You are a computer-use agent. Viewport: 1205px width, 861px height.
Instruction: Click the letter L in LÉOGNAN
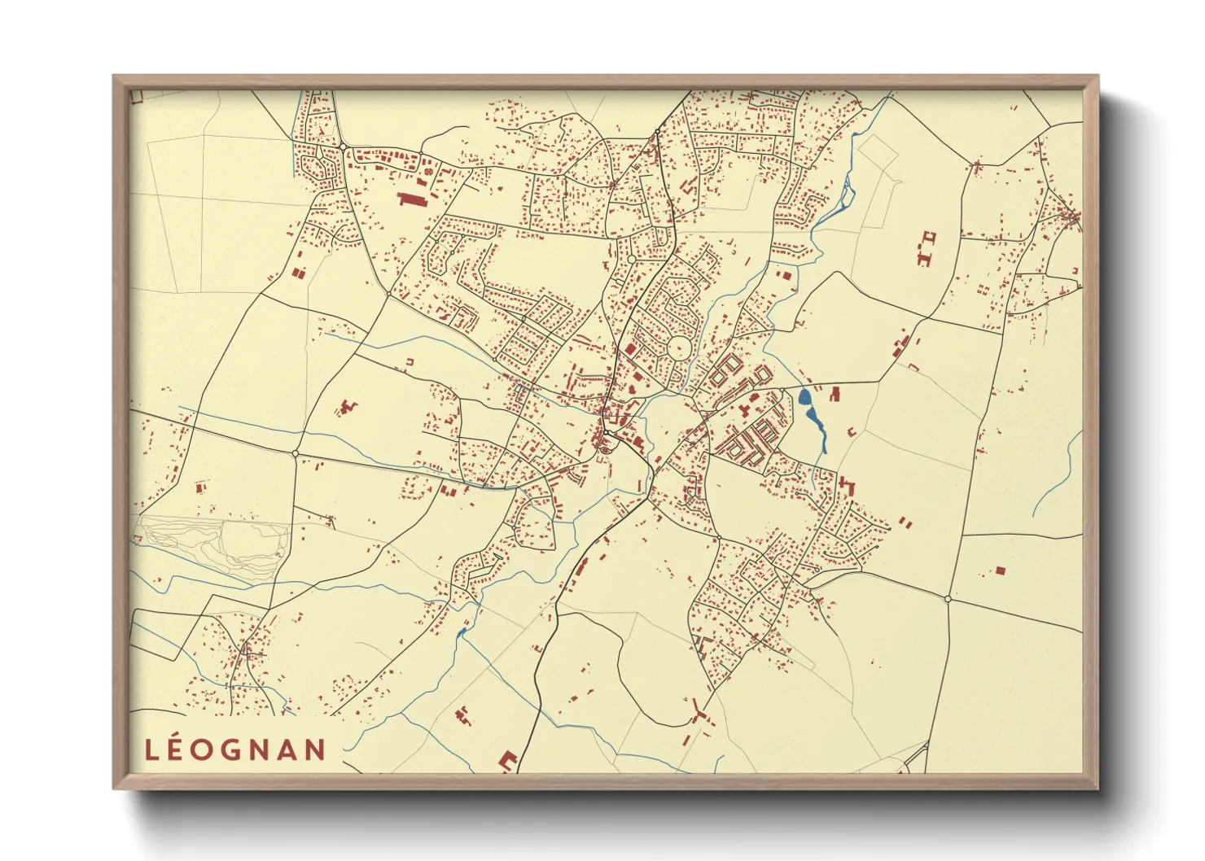click(x=152, y=750)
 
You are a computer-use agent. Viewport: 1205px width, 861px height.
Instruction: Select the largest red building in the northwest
click(x=413, y=199)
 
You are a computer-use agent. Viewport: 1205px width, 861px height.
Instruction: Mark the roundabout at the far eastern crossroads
click(x=948, y=599)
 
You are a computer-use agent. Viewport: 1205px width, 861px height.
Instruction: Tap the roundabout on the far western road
click(x=296, y=452)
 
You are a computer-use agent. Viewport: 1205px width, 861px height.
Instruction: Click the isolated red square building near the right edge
click(x=1001, y=570)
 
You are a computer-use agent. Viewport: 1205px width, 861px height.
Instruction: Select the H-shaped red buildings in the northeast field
click(x=926, y=248)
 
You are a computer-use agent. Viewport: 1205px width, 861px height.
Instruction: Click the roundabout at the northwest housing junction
click(x=344, y=146)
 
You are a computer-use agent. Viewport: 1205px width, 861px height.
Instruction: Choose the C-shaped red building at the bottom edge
click(x=507, y=762)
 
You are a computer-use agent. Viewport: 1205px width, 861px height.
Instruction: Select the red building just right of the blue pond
click(x=834, y=395)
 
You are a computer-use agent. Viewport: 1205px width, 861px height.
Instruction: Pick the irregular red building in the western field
click(x=348, y=405)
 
